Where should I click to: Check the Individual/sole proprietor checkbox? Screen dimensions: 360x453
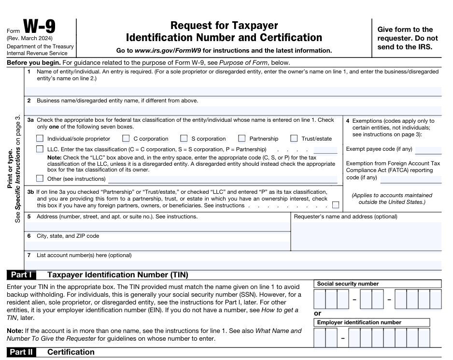[x=40, y=139]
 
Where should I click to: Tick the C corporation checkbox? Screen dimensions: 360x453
[x=126, y=139]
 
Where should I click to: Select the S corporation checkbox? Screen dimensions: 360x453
[x=184, y=139]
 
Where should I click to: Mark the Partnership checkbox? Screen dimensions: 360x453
[x=242, y=139]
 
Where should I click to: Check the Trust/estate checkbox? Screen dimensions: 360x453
[x=294, y=139]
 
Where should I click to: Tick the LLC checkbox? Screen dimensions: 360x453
[x=40, y=149]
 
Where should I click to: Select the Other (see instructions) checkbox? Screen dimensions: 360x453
[x=40, y=179]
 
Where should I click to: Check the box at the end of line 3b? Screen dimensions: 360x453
[x=336, y=205]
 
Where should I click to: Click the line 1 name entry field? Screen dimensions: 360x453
[x=232, y=91]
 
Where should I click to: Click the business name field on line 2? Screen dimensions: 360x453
[x=232, y=110]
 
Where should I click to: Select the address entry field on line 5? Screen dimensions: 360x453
[x=157, y=226]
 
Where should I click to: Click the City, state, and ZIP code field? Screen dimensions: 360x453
[x=157, y=245]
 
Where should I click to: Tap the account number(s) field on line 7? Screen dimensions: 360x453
[x=232, y=264]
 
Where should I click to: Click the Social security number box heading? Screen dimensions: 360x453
[x=348, y=284]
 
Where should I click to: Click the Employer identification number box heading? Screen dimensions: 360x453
[x=359, y=322]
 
